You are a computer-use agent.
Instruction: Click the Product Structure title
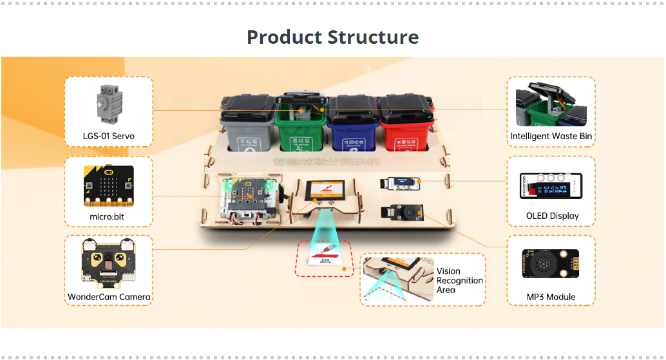pyautogui.click(x=332, y=37)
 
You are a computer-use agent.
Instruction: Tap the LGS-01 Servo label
pyautogui.click(x=109, y=136)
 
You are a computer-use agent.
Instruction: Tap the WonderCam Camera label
pyautogui.click(x=109, y=298)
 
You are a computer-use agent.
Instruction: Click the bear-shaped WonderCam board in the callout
pyautogui.click(x=109, y=264)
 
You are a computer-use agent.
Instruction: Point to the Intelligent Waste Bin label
pyautogui.click(x=551, y=136)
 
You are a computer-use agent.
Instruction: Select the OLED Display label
pyautogui.click(x=552, y=216)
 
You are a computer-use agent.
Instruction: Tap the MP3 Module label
pyautogui.click(x=551, y=297)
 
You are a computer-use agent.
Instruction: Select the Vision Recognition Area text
pyautogui.click(x=459, y=281)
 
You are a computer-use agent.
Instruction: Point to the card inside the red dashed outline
pyautogui.click(x=325, y=258)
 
